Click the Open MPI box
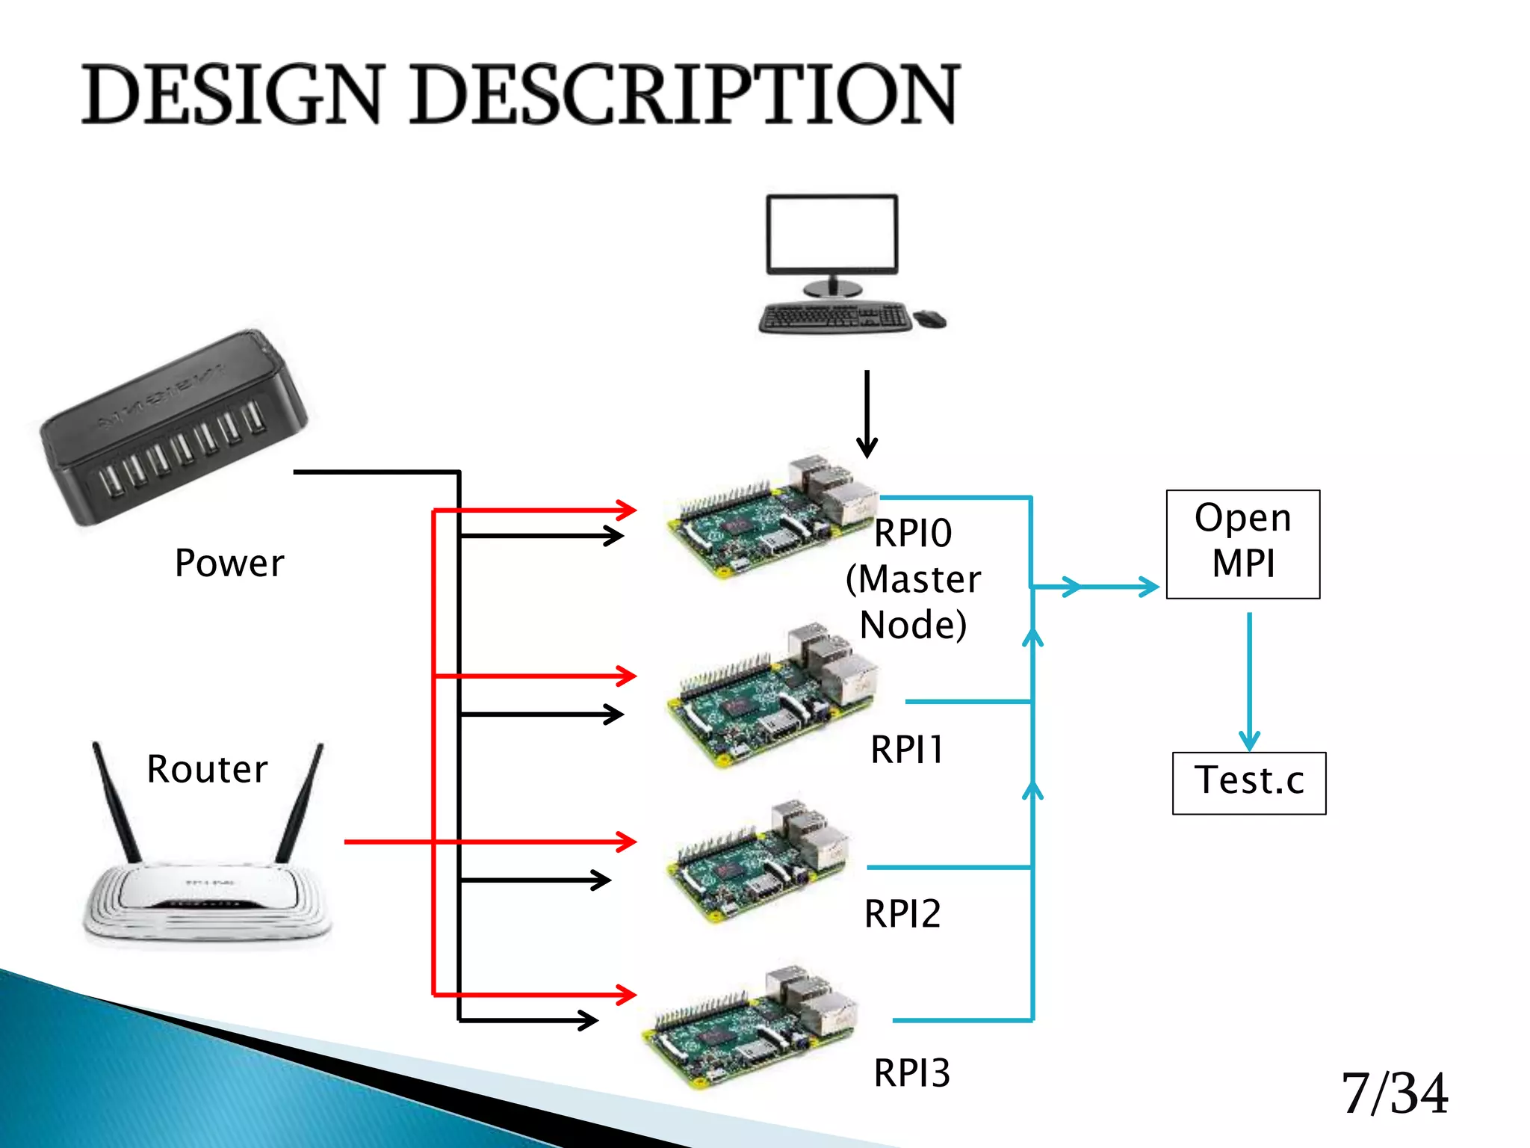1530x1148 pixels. pyautogui.click(x=1242, y=544)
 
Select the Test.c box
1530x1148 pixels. pyautogui.click(x=1248, y=782)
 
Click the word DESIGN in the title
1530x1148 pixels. pyautogui.click(x=232, y=95)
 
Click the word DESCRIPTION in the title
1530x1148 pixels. pyautogui.click(x=684, y=95)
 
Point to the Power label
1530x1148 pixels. pyautogui.click(x=229, y=564)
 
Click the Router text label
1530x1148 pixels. pyautogui.click(x=207, y=770)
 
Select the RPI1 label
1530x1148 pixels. pyautogui.click(x=907, y=750)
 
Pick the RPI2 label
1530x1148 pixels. pyautogui.click(x=902, y=914)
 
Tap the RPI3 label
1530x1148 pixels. pyautogui.click(x=911, y=1073)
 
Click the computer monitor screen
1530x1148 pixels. pyautogui.click(x=831, y=233)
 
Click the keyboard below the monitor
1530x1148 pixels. pyautogui.click(x=834, y=317)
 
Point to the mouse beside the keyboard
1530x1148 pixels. pyautogui.click(x=930, y=319)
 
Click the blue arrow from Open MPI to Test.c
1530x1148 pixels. pyautogui.click(x=1249, y=680)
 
